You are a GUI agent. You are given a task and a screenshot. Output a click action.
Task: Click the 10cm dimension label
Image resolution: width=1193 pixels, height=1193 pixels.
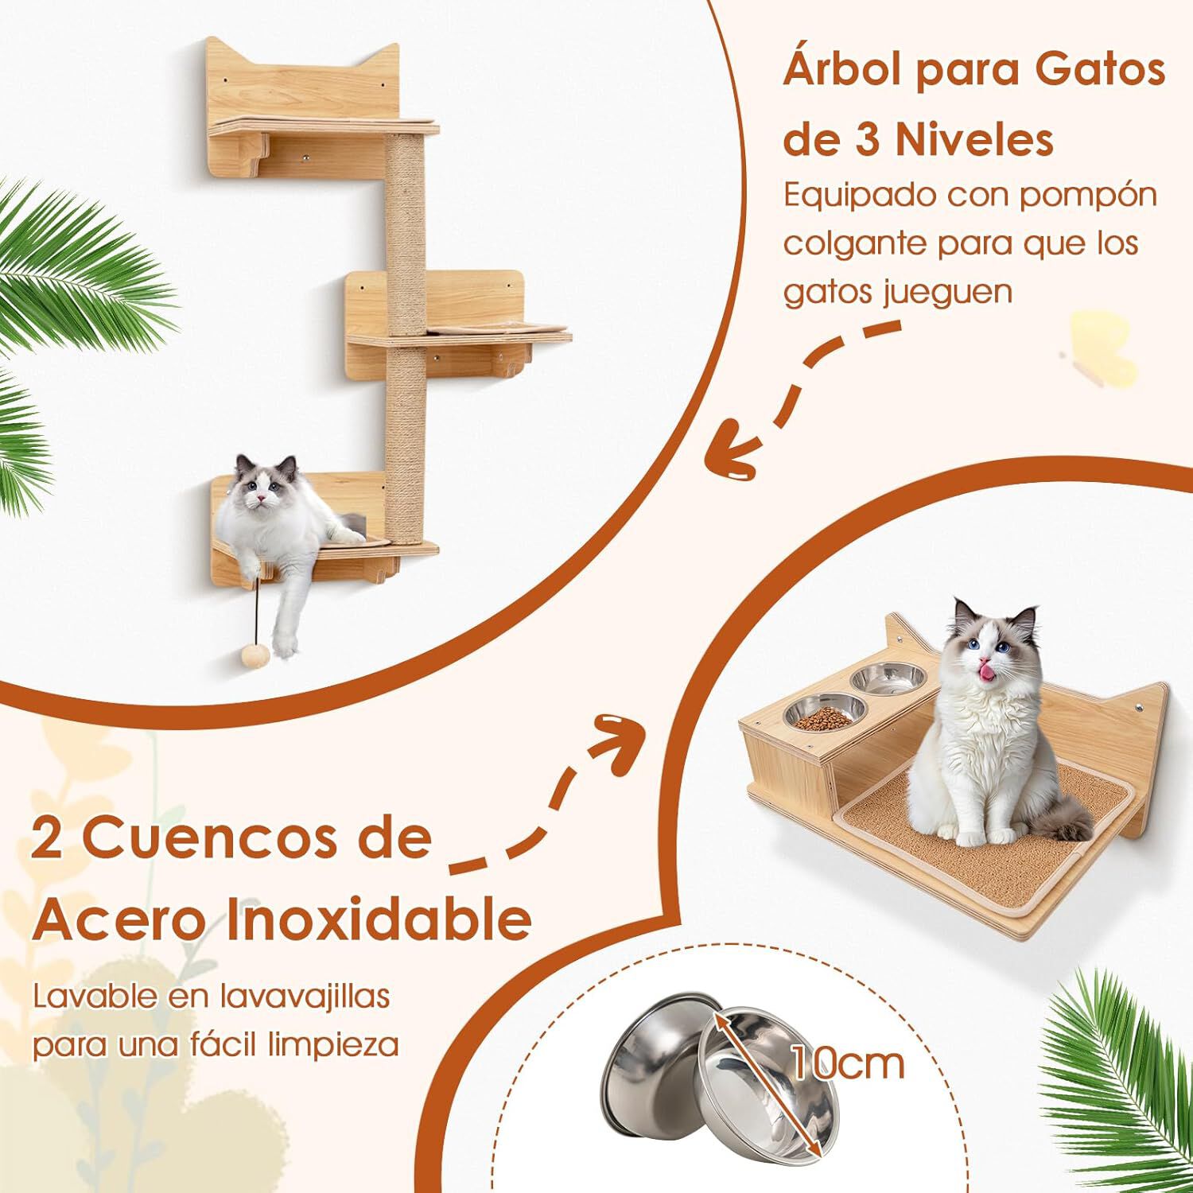point(848,1064)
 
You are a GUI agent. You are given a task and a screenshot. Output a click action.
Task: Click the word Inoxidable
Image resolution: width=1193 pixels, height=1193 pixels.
point(379,919)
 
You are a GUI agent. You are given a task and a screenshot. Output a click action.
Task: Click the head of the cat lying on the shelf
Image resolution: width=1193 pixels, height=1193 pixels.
point(266,486)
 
